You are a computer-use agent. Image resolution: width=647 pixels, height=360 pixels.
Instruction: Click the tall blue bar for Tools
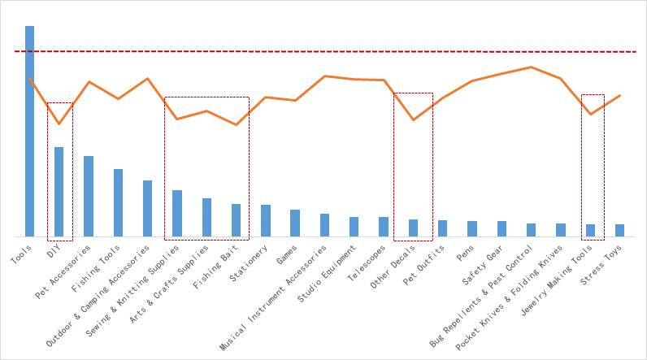pos(29,130)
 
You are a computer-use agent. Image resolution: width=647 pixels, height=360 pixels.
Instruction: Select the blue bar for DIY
pos(59,191)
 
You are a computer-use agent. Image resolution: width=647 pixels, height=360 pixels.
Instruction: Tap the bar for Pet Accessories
pos(89,196)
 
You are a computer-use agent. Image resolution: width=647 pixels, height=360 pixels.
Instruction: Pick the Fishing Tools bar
pos(118,202)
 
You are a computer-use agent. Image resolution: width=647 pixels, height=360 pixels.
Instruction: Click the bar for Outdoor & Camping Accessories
pos(147,208)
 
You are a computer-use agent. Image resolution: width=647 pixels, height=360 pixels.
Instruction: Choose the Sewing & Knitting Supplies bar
pos(177,213)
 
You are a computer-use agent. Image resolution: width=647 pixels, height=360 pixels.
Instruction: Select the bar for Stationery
pos(266,220)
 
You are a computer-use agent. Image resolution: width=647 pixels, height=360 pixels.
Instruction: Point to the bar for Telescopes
pos(384,227)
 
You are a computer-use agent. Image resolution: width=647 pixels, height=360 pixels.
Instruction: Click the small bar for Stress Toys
pos(620,230)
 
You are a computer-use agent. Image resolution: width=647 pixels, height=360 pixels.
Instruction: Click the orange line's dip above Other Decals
pos(414,120)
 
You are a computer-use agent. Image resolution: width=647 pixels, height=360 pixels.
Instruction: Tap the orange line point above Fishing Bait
pos(236,124)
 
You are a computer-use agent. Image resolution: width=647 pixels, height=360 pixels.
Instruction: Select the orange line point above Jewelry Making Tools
pos(591,114)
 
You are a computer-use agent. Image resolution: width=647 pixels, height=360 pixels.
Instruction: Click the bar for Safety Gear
pos(502,228)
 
